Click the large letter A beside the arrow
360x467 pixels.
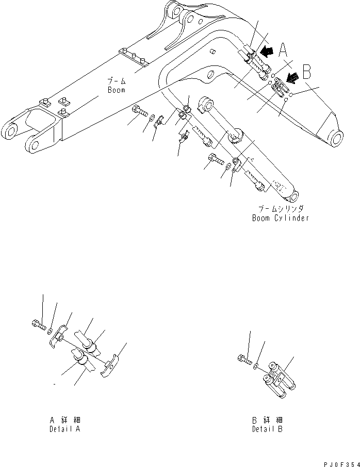pyautogui.click(x=283, y=50)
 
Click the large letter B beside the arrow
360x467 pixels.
pyautogui.click(x=306, y=71)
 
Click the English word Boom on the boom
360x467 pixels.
pyautogui.click(x=117, y=90)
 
